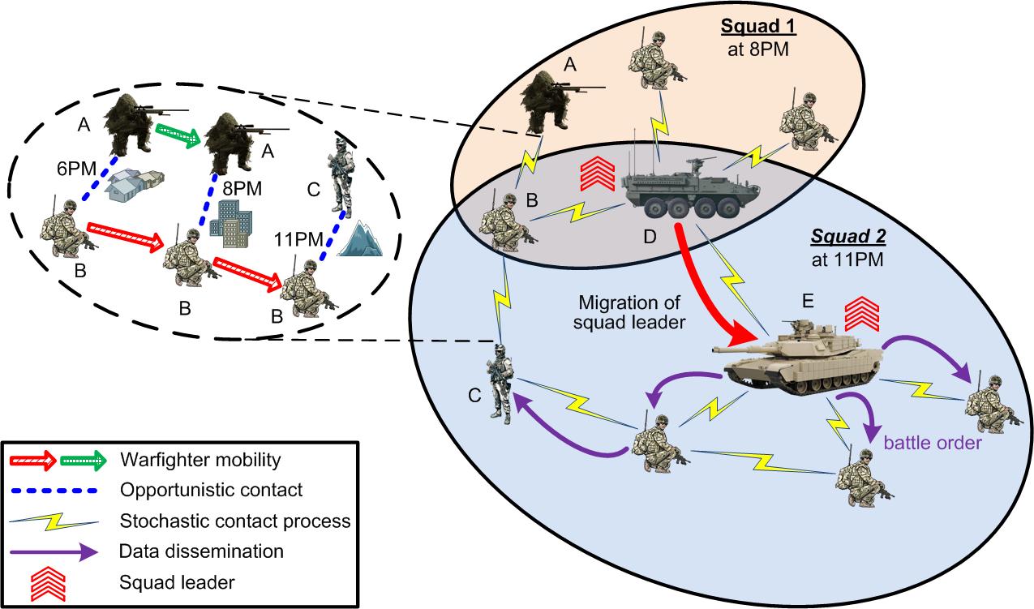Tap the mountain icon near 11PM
(x=358, y=238)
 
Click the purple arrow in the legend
(x=54, y=552)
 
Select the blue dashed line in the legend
(x=54, y=491)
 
